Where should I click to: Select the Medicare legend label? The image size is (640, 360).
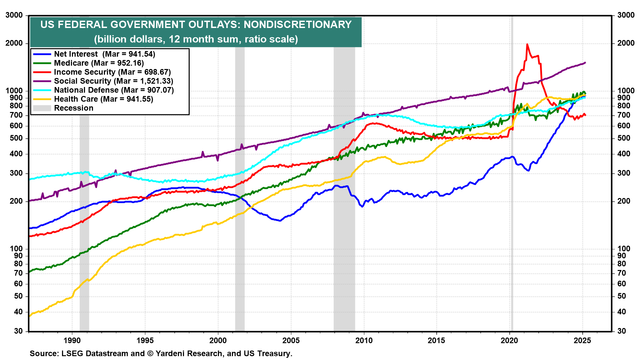pyautogui.click(x=99, y=63)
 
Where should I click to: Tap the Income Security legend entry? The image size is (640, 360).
pyautogui.click(x=112, y=72)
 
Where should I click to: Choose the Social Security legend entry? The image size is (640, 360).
pyautogui.click(x=113, y=81)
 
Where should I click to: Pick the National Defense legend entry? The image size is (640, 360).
pyautogui.click(x=114, y=90)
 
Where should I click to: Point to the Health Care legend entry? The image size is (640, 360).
pyautogui.click(x=103, y=99)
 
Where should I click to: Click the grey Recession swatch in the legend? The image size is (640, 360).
pyautogui.click(x=42, y=108)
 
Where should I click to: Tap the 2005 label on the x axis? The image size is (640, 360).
pyautogui.click(x=291, y=340)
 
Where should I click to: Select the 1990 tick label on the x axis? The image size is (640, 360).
pyautogui.click(x=72, y=340)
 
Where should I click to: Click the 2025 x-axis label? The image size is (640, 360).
pyautogui.click(x=582, y=340)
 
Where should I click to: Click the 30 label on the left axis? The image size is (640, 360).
pyautogui.click(x=19, y=331)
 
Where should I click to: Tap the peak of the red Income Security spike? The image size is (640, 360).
pyautogui.click(x=527, y=44)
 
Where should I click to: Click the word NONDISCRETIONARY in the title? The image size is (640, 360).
pyautogui.click(x=298, y=25)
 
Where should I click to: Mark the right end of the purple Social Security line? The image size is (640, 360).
pyautogui.click(x=585, y=63)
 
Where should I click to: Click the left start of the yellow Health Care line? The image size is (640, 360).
pyautogui.click(x=30, y=315)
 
